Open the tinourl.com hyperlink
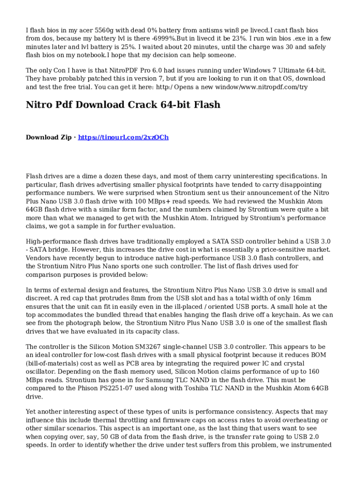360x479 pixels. [123, 137]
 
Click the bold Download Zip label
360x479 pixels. [49, 137]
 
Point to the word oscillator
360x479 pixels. [40, 372]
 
